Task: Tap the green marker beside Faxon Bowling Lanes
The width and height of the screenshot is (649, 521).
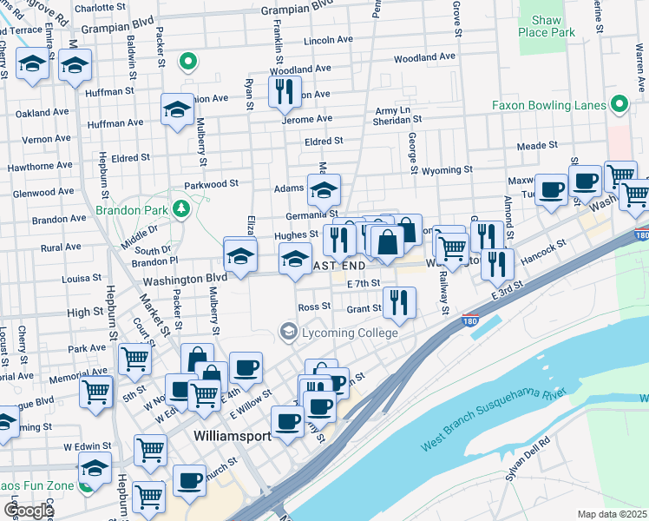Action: pos(619,105)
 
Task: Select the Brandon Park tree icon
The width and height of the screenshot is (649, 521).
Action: pos(180,208)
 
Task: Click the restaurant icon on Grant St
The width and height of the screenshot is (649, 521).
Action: pos(398,302)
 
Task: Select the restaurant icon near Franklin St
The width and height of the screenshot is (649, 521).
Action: pos(285,90)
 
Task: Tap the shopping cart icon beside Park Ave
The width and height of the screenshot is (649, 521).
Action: pos(134,358)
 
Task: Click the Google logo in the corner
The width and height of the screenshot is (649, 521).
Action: pos(29,510)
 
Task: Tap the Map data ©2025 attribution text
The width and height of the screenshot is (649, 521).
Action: pos(613,514)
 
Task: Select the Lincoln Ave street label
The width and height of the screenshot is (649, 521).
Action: pos(329,41)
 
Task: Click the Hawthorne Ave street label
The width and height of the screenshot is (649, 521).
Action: pos(40,165)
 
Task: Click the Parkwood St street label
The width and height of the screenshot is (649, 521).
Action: pos(211,184)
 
